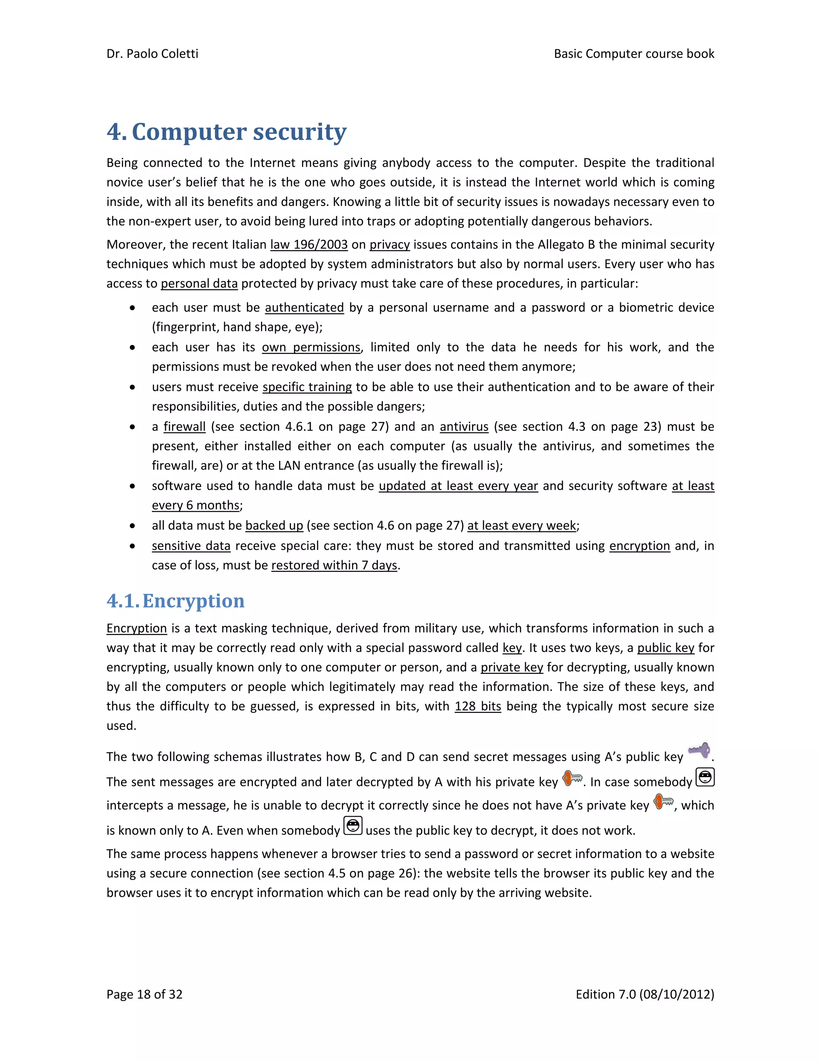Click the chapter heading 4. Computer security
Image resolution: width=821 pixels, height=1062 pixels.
click(x=226, y=132)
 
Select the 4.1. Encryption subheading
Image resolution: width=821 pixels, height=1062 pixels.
click(x=176, y=601)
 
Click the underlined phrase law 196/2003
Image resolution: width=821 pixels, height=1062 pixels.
click(x=309, y=244)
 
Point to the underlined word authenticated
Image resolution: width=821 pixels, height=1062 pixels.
click(x=305, y=308)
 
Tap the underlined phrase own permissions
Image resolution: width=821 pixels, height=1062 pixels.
click(x=311, y=347)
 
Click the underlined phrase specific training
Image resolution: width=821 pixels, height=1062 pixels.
click(x=307, y=387)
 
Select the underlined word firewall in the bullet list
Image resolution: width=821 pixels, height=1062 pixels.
click(x=184, y=427)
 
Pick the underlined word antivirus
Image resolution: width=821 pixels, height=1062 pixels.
click(x=464, y=427)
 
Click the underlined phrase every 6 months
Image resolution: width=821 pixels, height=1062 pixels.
click(x=196, y=506)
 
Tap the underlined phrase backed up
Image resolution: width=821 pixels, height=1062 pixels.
click(x=274, y=526)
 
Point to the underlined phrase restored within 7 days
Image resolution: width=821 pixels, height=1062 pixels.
click(x=335, y=565)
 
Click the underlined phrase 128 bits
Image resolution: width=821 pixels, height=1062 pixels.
click(x=477, y=707)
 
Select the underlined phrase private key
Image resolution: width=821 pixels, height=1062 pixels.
click(x=512, y=668)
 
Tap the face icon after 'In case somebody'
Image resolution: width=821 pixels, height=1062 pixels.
click(x=705, y=777)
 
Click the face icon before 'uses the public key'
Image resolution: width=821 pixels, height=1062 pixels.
click(x=353, y=826)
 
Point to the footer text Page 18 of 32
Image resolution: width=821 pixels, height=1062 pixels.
click(x=144, y=994)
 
